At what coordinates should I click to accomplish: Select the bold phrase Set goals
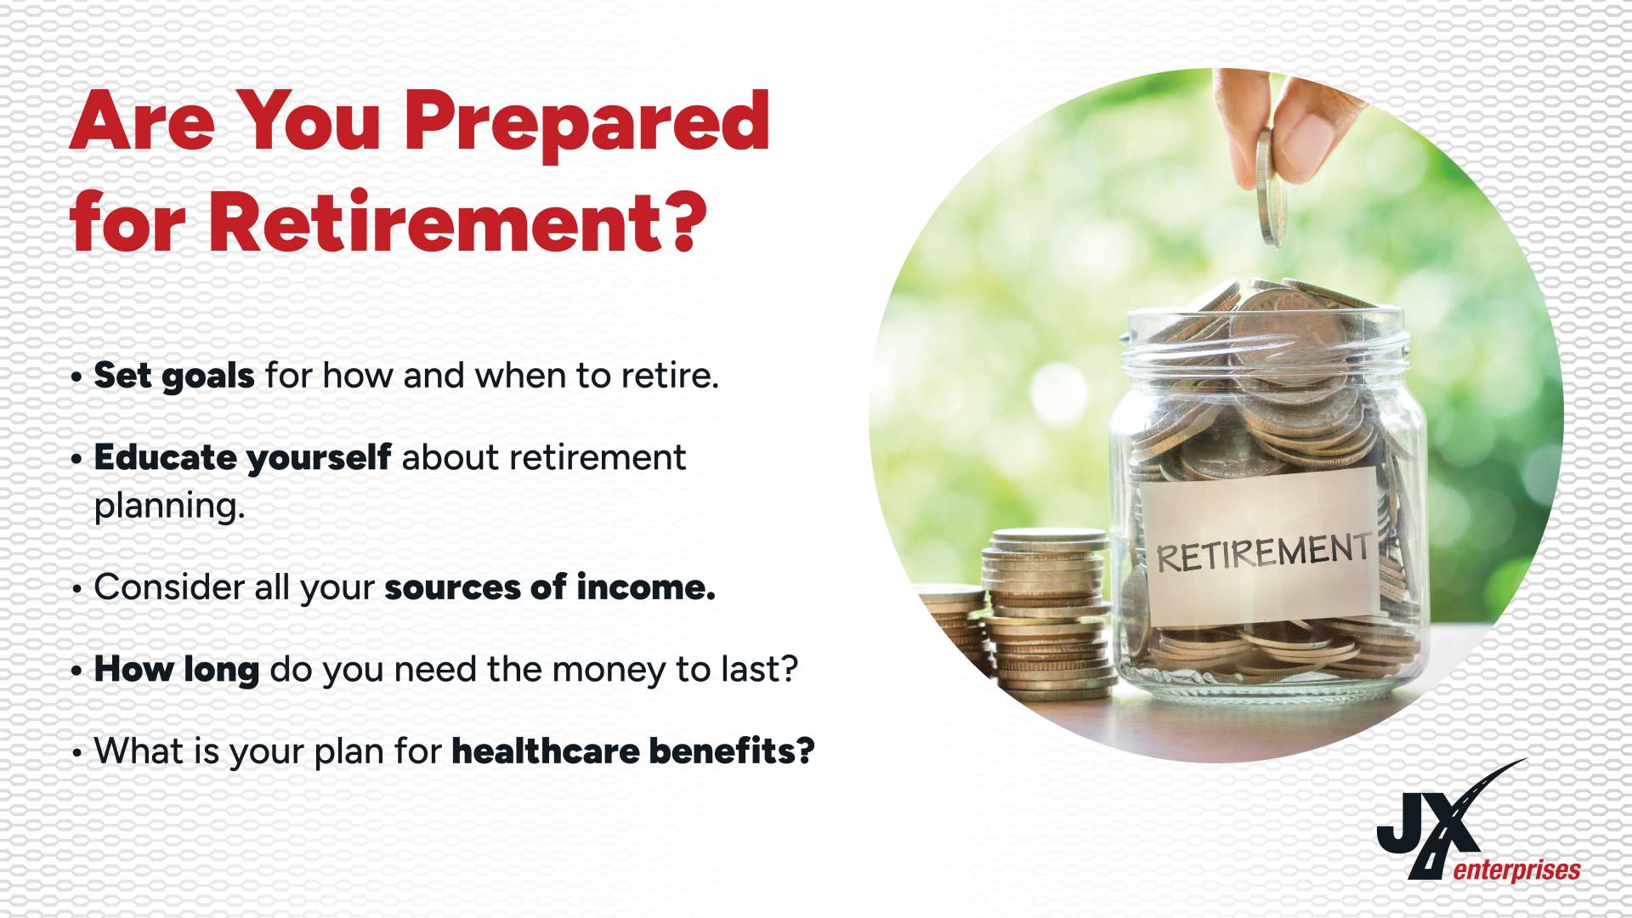[x=174, y=376]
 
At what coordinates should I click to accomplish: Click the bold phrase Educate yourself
[x=242, y=457]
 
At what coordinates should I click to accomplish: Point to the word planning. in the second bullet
[x=169, y=507]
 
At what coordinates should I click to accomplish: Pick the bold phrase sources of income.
[x=550, y=586]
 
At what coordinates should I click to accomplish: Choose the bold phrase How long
[x=177, y=670]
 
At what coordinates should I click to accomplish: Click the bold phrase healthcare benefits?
[x=633, y=750]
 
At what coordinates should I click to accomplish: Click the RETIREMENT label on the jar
[x=1261, y=544]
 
